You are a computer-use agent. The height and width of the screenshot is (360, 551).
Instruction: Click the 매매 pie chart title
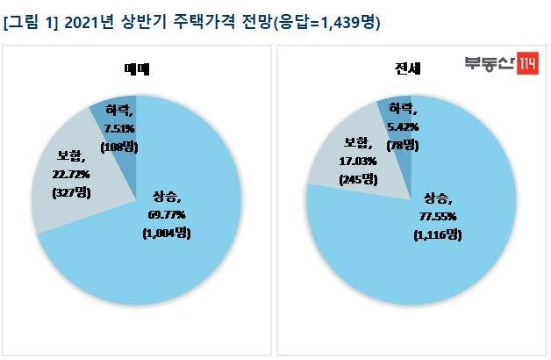(x=137, y=69)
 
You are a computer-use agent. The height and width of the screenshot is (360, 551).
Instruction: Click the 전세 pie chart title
(x=407, y=68)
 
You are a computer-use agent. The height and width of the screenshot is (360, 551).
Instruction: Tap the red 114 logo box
(x=527, y=63)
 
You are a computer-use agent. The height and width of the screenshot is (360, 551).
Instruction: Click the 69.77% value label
(x=167, y=215)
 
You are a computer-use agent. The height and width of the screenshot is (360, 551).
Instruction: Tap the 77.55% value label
(x=438, y=217)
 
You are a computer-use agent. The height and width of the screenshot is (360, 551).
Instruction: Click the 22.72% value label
(x=71, y=175)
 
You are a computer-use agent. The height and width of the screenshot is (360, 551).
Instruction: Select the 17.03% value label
(x=358, y=162)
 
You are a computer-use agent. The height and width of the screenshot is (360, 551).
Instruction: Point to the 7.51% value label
(x=119, y=129)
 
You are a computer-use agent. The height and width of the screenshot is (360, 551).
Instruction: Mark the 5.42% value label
(x=403, y=127)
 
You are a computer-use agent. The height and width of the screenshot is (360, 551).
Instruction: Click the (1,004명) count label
(x=167, y=233)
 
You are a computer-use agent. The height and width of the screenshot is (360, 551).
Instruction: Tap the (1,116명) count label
(x=438, y=234)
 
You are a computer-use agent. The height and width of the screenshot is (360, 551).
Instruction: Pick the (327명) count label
(x=71, y=192)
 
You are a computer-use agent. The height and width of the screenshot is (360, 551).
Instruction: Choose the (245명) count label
(x=358, y=180)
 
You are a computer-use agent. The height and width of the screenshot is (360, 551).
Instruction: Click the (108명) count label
(x=119, y=147)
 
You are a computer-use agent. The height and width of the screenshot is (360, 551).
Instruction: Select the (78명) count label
(x=403, y=145)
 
